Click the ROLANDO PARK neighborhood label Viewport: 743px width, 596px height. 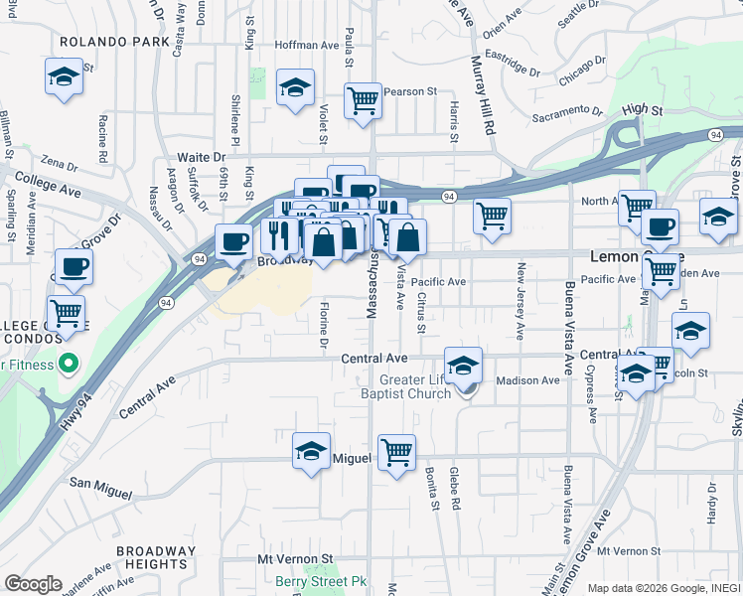pyautogui.click(x=101, y=43)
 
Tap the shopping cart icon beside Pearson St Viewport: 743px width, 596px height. pyautogui.click(x=364, y=99)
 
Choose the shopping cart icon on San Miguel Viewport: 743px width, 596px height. pyautogui.click(x=396, y=452)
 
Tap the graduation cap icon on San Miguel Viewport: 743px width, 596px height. pyautogui.click(x=311, y=452)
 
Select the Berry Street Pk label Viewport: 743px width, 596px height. pyautogui.click(x=322, y=581)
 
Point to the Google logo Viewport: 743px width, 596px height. pyautogui.click(x=33, y=584)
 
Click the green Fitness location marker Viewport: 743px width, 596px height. pyautogui.click(x=69, y=363)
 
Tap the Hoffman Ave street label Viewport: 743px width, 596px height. pyautogui.click(x=308, y=46)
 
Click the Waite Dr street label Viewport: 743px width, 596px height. pyautogui.click(x=202, y=158)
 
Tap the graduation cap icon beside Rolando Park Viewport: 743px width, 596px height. pyautogui.click(x=63, y=76)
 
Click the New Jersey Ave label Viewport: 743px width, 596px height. pyautogui.click(x=520, y=299)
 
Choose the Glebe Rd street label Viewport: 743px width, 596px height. pyautogui.click(x=454, y=490)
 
